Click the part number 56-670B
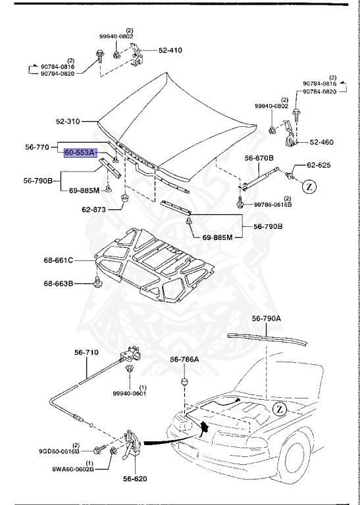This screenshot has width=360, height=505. [x=259, y=158]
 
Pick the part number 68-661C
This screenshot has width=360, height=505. [x=60, y=260]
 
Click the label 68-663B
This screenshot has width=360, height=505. [x=59, y=283]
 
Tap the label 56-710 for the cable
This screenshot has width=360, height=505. [x=86, y=353]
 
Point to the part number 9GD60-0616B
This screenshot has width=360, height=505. [x=58, y=451]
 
